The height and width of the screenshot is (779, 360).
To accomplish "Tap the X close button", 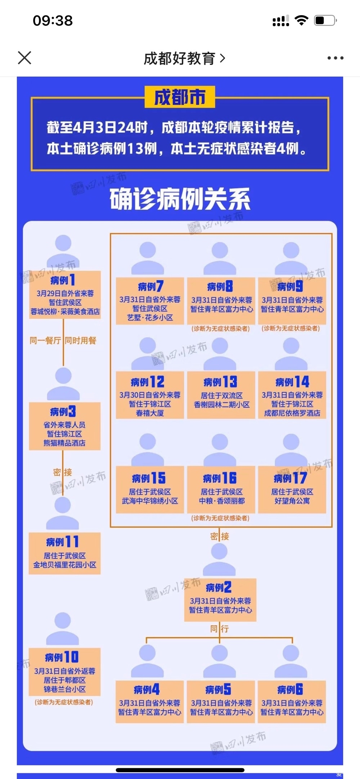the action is click(x=24, y=58).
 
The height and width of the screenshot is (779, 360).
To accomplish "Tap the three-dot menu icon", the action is click(x=335, y=58).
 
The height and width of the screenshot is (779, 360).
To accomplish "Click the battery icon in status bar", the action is click(x=325, y=20).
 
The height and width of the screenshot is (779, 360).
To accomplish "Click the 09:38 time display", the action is click(x=53, y=21).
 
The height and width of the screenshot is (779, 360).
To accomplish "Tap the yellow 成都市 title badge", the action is click(x=180, y=97).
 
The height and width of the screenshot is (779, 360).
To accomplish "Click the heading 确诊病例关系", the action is click(x=180, y=199).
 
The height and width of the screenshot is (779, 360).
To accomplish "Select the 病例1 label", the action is click(x=63, y=280).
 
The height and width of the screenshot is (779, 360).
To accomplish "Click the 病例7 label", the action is click(x=150, y=286).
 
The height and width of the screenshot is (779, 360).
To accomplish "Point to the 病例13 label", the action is click(x=220, y=382).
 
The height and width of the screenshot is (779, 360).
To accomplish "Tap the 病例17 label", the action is click(x=291, y=478).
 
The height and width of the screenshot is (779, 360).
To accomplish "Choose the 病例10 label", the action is click(x=62, y=657).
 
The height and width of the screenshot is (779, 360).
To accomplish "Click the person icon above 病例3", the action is click(x=63, y=384).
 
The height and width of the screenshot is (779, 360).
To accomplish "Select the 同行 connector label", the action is click(x=220, y=629).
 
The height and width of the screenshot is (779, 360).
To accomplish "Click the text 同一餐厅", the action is click(x=45, y=341).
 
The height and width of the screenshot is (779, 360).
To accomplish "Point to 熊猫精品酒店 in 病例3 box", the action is click(x=64, y=443).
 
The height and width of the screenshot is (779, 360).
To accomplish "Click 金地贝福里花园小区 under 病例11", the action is click(x=65, y=565).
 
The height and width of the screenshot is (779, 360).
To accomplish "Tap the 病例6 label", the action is click(x=290, y=689).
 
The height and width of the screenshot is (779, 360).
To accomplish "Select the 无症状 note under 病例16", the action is click(x=220, y=518).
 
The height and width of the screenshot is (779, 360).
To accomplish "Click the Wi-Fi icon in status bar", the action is click(x=301, y=20).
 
